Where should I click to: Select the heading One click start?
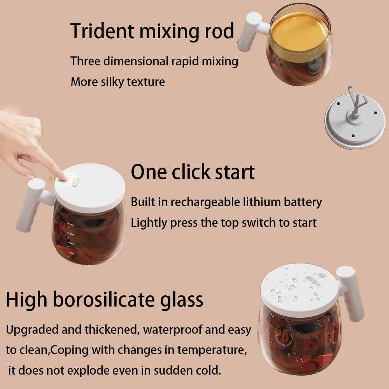click(x=193, y=172)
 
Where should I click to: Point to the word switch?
click(x=259, y=223)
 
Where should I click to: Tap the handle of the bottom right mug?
click(x=351, y=293)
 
